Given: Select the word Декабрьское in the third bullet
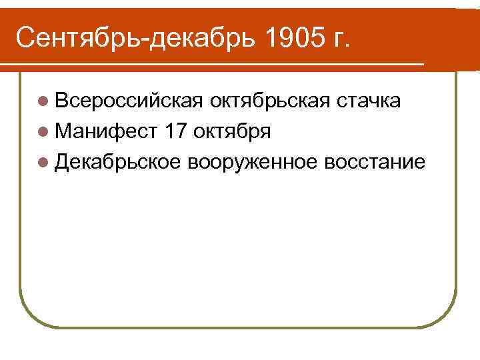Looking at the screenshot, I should coord(118,162).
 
